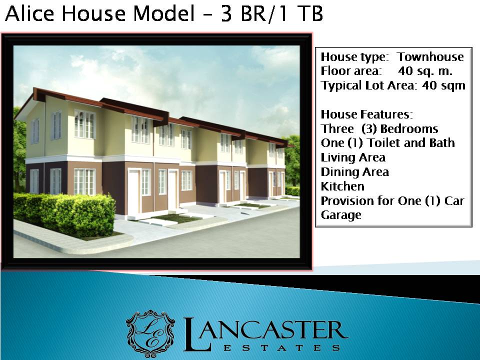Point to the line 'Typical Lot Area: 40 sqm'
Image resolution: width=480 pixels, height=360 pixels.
click(393, 85)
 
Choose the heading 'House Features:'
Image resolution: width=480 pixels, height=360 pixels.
click(366, 114)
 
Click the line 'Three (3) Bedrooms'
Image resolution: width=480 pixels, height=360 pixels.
click(379, 128)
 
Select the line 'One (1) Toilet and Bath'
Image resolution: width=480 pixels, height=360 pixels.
click(388, 143)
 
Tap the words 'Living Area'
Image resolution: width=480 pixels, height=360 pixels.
click(353, 157)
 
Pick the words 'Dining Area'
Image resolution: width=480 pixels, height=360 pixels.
click(355, 172)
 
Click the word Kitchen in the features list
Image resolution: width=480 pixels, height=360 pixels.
click(342, 186)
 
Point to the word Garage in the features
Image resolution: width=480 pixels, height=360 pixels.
click(341, 215)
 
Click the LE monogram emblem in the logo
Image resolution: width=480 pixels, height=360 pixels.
click(151, 332)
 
